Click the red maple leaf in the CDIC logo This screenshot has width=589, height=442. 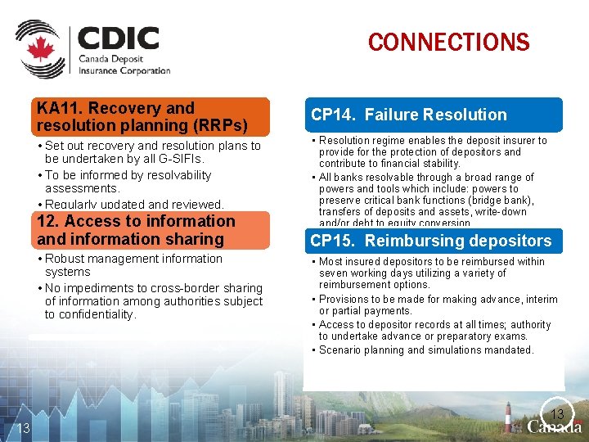click(39, 49)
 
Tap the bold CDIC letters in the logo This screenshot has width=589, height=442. click(119, 38)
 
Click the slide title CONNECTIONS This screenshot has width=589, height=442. click(448, 42)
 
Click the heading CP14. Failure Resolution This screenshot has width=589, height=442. click(409, 115)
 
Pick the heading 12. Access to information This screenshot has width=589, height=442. click(136, 230)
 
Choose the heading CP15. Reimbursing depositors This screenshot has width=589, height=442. click(430, 241)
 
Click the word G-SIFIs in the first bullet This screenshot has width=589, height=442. click(181, 159)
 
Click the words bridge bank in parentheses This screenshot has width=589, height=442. click(505, 201)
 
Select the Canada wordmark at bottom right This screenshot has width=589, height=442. click(555, 426)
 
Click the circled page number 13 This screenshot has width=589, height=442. click(558, 413)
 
